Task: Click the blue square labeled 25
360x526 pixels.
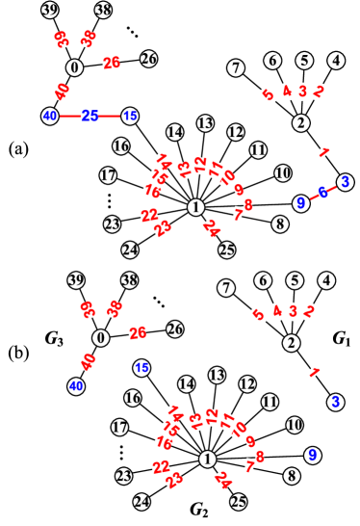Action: click(x=90, y=116)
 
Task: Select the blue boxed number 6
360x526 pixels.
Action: click(x=322, y=193)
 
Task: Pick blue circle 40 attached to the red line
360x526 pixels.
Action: click(x=50, y=116)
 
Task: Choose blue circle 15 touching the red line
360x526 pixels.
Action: click(x=130, y=116)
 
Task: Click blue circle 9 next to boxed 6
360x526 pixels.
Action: click(x=300, y=203)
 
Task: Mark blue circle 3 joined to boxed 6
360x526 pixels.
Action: click(x=345, y=182)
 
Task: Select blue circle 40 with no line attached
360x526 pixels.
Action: click(x=76, y=386)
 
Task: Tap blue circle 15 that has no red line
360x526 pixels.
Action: click(x=141, y=368)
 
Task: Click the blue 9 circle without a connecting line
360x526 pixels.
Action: click(x=312, y=455)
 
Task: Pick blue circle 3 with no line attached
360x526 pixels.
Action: click(x=335, y=402)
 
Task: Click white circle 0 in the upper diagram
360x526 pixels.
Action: click(x=75, y=68)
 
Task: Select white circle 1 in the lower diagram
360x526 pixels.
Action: click(x=207, y=460)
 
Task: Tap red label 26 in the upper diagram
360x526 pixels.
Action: click(x=112, y=64)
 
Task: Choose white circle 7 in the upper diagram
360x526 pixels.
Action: click(x=236, y=68)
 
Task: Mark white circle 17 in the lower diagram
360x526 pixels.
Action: click(x=119, y=427)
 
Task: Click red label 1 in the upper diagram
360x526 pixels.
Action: click(x=323, y=151)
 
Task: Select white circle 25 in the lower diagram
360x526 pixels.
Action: click(x=239, y=502)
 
